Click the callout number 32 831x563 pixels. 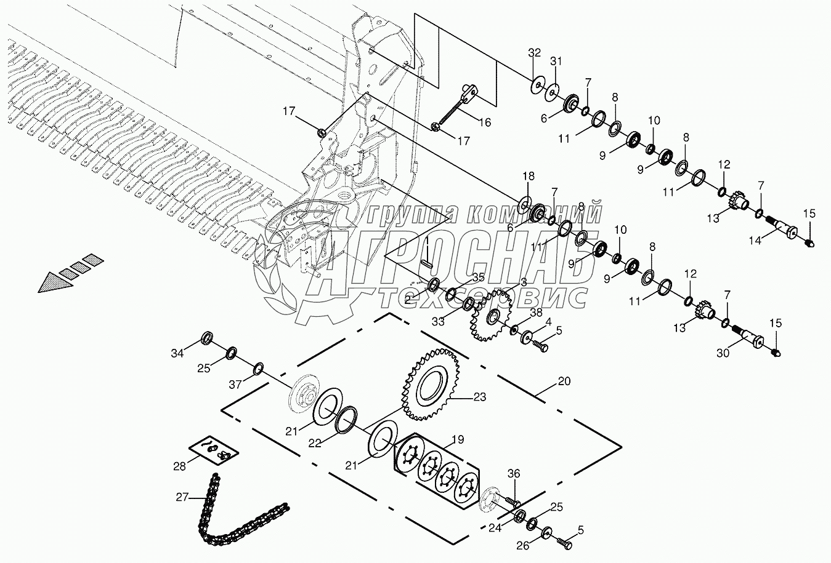534,53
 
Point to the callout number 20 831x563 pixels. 564,381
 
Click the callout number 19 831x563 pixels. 457,441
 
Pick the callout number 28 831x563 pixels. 179,466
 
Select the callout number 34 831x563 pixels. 177,353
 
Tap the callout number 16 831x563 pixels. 485,122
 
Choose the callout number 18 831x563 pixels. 529,177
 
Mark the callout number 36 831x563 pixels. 514,473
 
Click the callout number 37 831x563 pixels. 235,385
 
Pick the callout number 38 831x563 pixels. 536,312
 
